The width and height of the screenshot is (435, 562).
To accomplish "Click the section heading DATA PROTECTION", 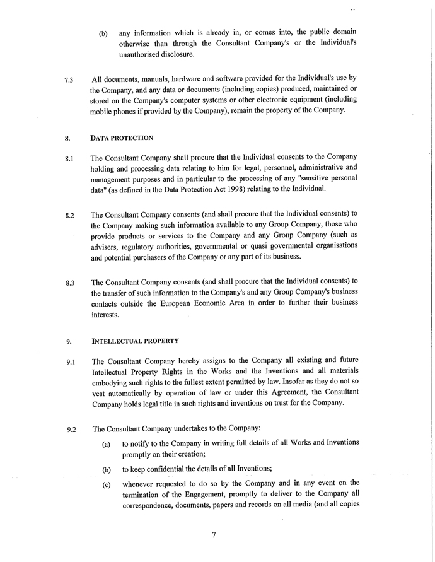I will pos(122,137).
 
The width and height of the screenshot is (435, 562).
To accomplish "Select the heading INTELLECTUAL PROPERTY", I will pos(136,341).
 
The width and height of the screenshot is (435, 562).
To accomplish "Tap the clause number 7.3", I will pos(69,80).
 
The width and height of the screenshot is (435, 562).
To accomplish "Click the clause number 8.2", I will pos(69,216).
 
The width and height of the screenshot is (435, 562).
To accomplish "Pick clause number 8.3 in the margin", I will pos(69,283).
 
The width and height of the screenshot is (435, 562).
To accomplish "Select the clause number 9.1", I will pos(69,362).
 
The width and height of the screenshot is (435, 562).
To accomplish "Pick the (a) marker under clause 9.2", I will pos(107,445).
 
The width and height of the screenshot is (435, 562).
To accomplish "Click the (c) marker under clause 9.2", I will pos(107,484).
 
